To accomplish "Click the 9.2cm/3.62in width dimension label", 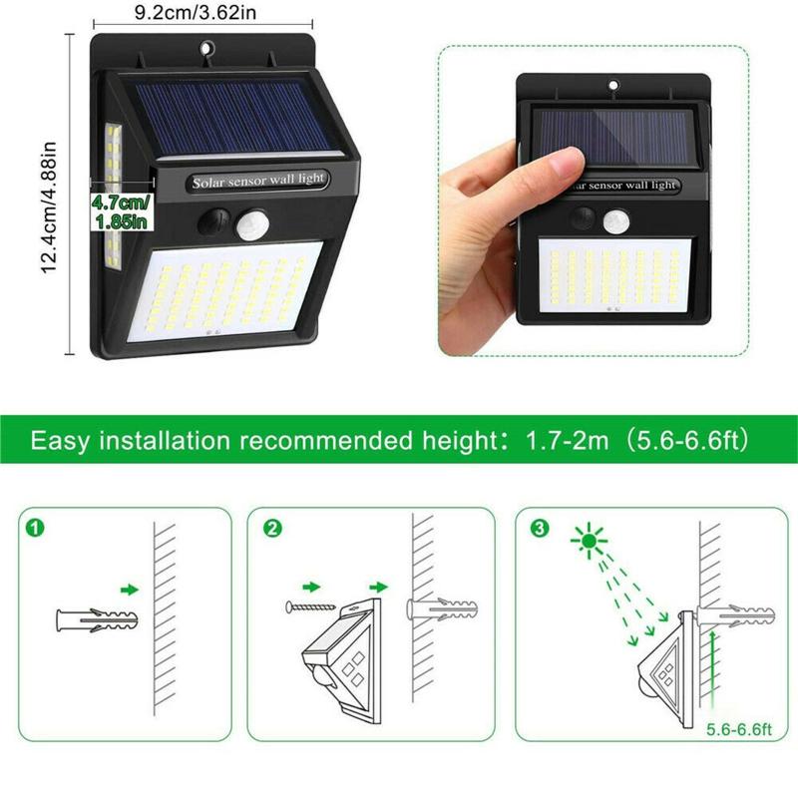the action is click(x=196, y=12).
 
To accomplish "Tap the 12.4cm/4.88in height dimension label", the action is click(x=48, y=207).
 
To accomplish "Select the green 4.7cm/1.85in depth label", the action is click(x=121, y=211).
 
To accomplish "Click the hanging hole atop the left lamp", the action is click(x=205, y=49).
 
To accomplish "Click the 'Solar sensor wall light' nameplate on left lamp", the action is click(x=257, y=181).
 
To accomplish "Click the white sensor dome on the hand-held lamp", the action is click(x=616, y=221).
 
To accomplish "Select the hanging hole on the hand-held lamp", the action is click(x=614, y=85).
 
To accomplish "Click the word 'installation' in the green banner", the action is click(x=165, y=440).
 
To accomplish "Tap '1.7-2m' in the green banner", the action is click(x=567, y=440).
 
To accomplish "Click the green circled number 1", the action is click(x=35, y=528).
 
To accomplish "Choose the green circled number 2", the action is click(x=272, y=529).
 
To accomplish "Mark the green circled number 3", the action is click(x=540, y=528).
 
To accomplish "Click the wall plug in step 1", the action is click(x=97, y=620).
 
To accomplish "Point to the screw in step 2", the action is click(x=310, y=606).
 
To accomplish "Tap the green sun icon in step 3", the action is click(x=589, y=540).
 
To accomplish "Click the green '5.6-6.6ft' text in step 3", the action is click(x=739, y=730).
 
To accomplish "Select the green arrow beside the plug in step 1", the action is click(x=130, y=590).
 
